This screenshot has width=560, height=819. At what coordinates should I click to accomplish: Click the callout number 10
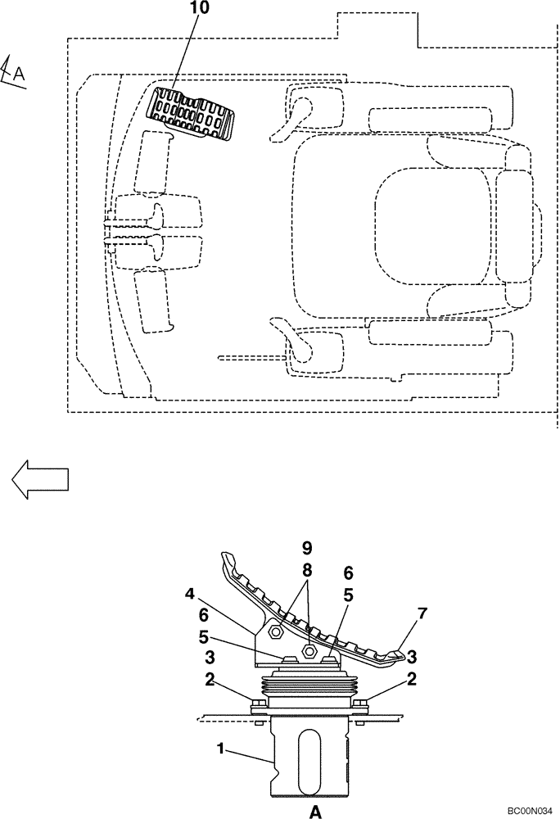pyautogui.click(x=200, y=9)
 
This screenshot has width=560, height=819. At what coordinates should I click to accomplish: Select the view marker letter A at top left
pyautogui.click(x=18, y=75)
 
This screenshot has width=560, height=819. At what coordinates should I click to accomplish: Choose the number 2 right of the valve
pyautogui.click(x=411, y=679)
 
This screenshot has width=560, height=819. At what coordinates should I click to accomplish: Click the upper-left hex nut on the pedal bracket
pyautogui.click(x=276, y=630)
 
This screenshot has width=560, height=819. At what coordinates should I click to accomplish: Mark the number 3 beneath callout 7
pyautogui.click(x=411, y=657)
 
